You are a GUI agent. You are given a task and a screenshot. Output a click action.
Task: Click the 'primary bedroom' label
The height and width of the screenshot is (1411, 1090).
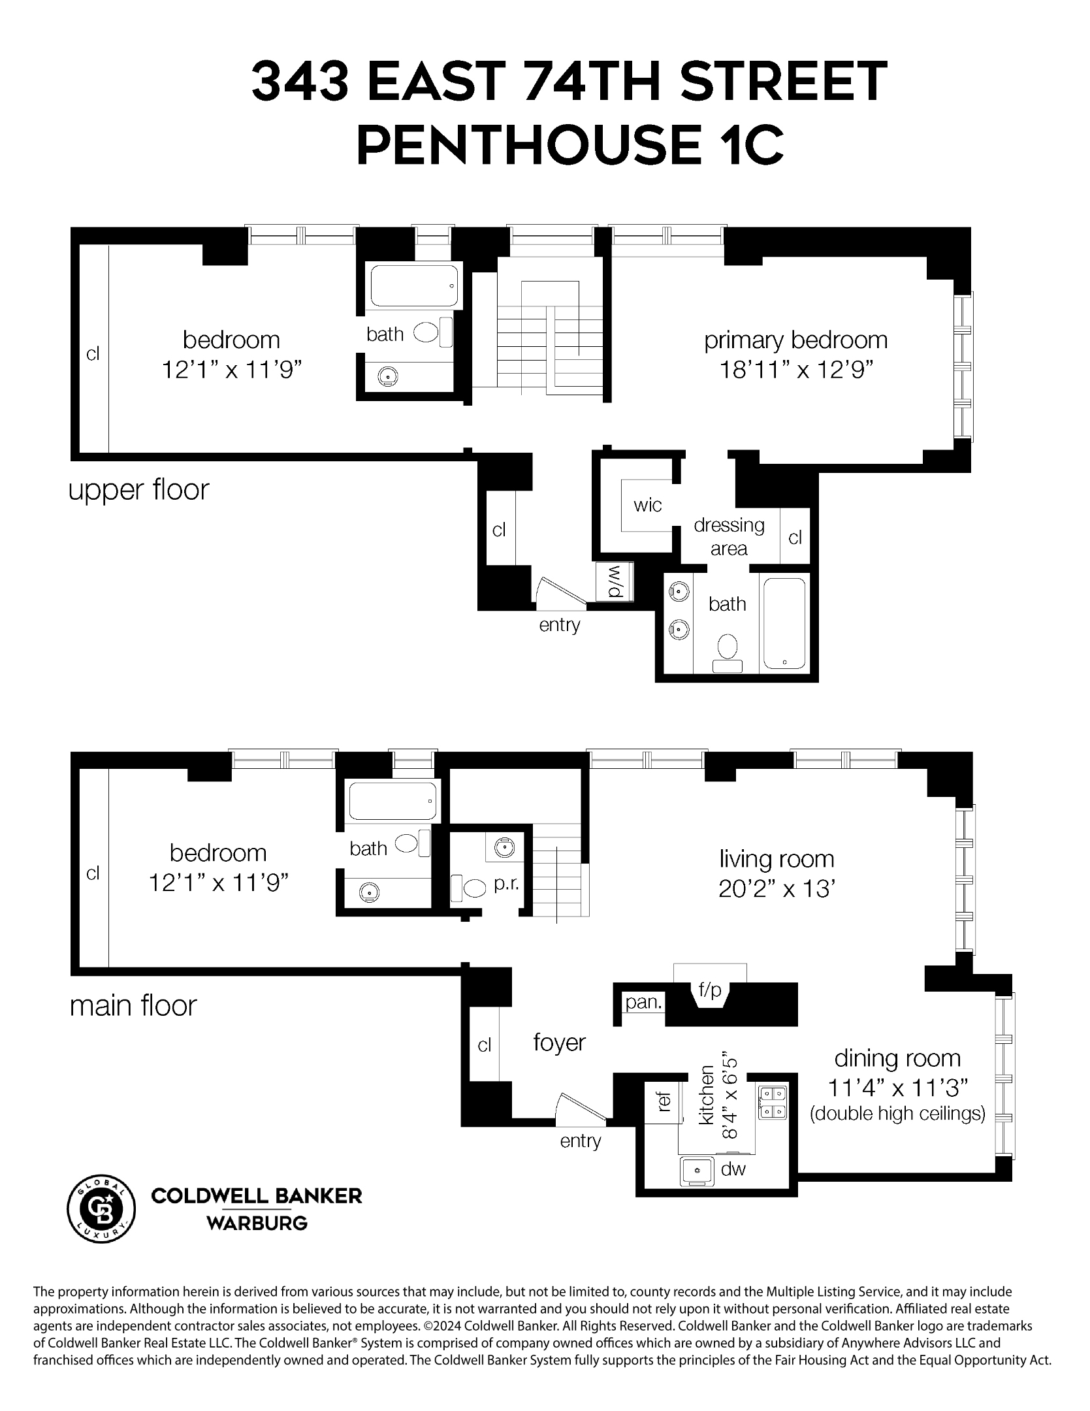[795, 340]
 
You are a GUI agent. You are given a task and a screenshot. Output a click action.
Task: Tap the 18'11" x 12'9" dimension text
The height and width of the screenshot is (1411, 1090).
[796, 370]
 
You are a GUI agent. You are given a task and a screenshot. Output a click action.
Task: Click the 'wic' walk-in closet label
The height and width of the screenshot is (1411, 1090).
[647, 505]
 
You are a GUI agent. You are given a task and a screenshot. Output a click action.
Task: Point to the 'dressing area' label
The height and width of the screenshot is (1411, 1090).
[729, 536]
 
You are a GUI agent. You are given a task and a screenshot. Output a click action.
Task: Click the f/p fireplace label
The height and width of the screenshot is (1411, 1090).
[709, 990]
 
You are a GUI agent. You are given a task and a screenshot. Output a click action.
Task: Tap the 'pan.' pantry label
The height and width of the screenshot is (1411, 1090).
[643, 1002]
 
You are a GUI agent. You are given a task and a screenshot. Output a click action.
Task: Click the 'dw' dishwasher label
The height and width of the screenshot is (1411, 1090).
[733, 1169]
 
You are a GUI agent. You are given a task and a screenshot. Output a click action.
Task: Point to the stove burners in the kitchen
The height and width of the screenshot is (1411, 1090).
[773, 1101]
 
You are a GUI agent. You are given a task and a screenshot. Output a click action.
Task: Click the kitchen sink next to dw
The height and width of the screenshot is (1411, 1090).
[696, 1170]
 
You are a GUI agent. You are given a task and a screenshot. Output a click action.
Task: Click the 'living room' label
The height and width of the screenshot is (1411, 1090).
[777, 859]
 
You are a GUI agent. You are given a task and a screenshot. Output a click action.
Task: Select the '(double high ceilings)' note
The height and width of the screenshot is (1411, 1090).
[897, 1113]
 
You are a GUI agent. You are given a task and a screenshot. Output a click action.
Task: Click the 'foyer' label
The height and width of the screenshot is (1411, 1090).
[559, 1043]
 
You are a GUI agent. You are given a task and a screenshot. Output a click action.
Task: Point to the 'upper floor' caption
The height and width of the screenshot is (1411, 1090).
[139, 490]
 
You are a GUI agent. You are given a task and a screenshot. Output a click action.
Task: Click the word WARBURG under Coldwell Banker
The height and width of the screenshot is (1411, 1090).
[257, 1223]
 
